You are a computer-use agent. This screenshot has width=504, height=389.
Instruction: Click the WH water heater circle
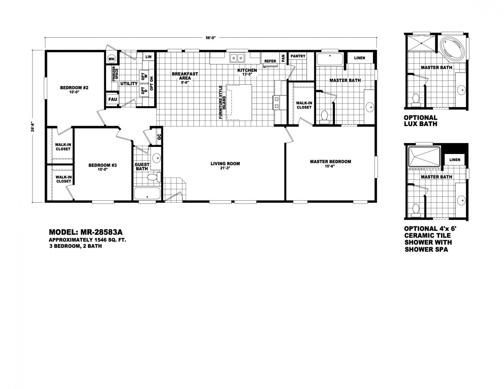tap(111, 59)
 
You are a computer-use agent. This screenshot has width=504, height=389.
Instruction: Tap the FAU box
tap(113, 100)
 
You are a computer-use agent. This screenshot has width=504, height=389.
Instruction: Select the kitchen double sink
tap(237, 57)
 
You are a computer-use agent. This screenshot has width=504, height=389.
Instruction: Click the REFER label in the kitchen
tap(270, 61)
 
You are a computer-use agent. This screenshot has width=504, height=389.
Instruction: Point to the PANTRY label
tap(298, 56)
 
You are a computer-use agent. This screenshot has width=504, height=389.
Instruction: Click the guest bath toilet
tap(154, 177)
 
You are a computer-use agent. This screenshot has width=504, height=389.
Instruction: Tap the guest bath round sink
tap(156, 159)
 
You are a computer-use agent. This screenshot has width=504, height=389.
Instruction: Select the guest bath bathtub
tap(147, 193)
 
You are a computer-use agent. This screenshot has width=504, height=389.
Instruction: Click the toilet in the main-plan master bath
tap(324, 117)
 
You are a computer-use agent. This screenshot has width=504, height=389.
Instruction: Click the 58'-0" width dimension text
tap(211, 39)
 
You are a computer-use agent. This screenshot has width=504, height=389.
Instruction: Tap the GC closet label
tap(159, 137)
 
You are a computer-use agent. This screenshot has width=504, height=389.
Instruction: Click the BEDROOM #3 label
tap(103, 165)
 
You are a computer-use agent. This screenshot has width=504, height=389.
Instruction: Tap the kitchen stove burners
tap(277, 103)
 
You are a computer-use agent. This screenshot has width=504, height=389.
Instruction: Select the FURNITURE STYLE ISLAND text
tap(222, 102)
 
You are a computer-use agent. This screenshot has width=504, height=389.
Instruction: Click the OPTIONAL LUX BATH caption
tap(421, 121)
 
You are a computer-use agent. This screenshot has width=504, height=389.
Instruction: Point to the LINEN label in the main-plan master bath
tap(360, 58)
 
